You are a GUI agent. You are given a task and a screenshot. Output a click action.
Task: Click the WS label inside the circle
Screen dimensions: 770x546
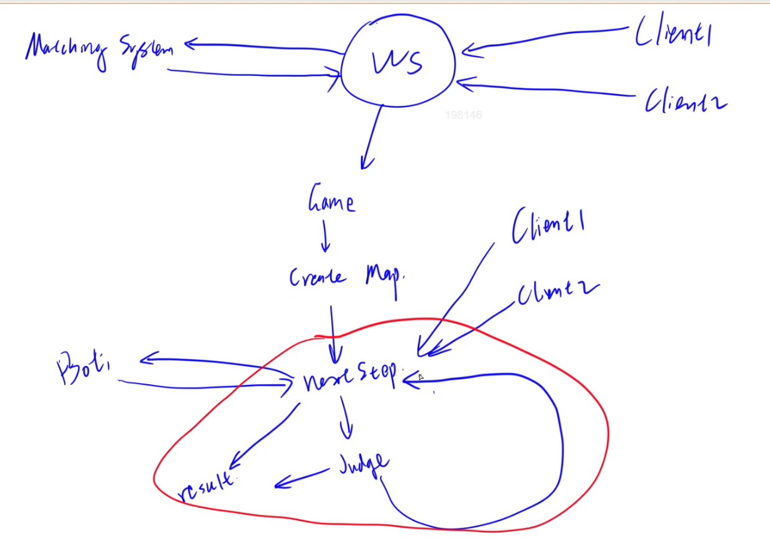(397, 62)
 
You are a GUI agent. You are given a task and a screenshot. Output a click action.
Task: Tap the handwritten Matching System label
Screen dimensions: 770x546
(100, 49)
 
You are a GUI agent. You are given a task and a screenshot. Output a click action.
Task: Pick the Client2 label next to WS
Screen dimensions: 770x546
(685, 100)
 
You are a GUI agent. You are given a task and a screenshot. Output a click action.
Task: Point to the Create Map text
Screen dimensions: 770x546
(347, 276)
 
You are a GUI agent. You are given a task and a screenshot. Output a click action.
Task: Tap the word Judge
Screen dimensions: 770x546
(364, 464)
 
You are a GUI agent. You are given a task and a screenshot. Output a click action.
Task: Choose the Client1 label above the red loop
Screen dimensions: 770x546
(548, 227)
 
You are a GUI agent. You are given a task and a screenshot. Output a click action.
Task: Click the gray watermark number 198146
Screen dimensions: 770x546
(463, 115)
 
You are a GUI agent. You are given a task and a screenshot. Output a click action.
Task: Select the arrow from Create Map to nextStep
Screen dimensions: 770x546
(333, 333)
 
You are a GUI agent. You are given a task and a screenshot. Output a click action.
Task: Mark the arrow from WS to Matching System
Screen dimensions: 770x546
(261, 46)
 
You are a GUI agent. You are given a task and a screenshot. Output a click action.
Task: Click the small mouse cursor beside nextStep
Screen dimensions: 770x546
(421, 377)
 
